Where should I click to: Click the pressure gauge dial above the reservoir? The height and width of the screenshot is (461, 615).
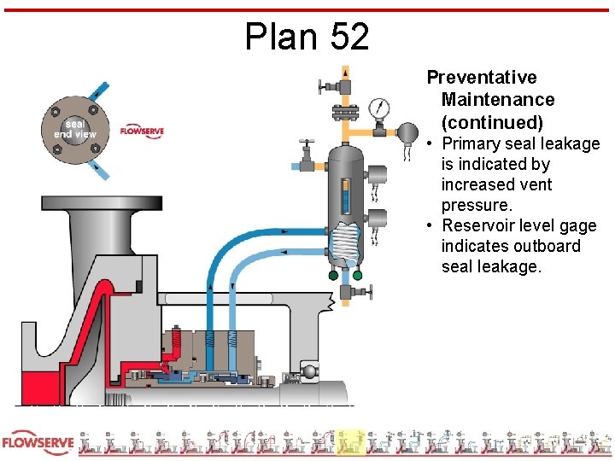(x=378, y=108)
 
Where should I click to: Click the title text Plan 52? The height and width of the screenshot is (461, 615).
(x=307, y=37)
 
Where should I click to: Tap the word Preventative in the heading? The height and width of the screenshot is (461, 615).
(x=482, y=78)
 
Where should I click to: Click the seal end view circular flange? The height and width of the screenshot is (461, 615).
(x=75, y=128)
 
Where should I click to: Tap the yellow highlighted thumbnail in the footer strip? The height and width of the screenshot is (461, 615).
(x=350, y=442)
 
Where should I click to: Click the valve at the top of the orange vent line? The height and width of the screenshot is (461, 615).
(x=342, y=85)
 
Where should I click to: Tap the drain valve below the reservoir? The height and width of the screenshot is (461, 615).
(x=345, y=292)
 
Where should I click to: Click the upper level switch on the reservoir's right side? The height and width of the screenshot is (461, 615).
(x=377, y=175)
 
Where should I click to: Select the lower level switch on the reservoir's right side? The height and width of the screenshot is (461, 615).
(x=377, y=218)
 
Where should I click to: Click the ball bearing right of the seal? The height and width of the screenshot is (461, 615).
(x=307, y=371)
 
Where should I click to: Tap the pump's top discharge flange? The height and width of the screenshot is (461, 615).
(x=102, y=202)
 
